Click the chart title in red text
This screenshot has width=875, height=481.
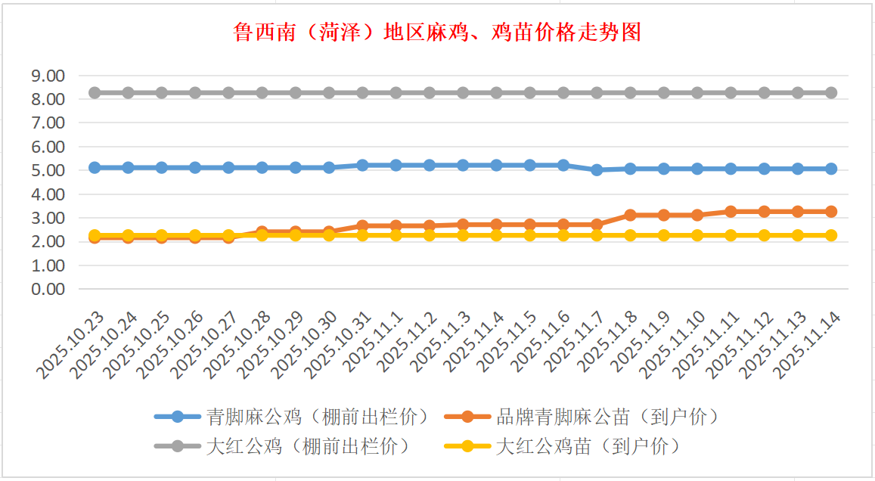point(437,33)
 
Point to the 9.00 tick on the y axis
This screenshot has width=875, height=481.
point(47,76)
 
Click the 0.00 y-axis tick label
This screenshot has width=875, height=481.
point(47,290)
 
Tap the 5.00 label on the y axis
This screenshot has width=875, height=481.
point(47,171)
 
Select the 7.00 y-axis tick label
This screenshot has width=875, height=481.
point(47,123)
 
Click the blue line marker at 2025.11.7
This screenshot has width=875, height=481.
point(597,170)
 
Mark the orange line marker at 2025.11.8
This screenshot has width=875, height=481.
point(630,215)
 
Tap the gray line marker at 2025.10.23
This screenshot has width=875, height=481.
point(95,92)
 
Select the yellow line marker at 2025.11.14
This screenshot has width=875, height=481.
point(831,235)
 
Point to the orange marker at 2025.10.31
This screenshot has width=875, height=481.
point(362,225)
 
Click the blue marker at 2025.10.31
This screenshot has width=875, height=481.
point(362,165)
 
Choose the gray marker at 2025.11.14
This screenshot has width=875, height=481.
point(831,92)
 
